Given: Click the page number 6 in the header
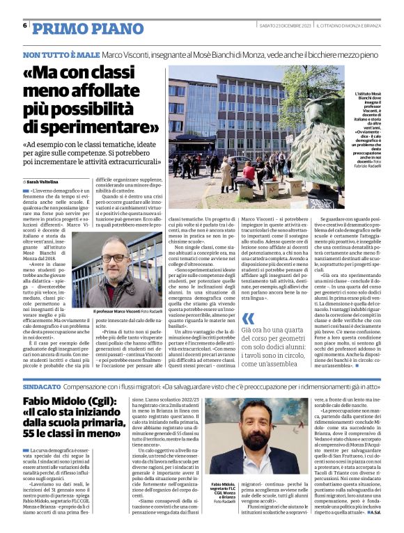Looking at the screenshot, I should [x=25, y=26].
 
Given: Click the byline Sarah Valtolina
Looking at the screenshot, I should [x=46, y=181].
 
